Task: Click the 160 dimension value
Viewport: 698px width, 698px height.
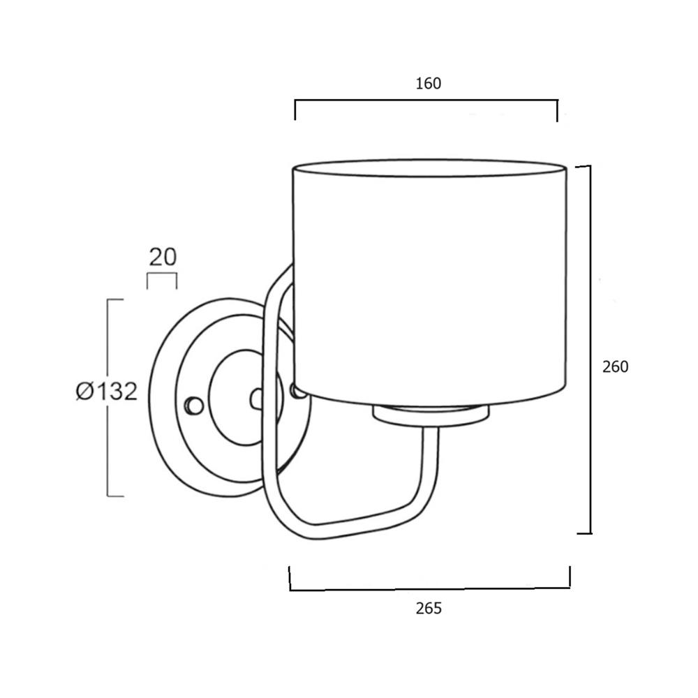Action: (x=429, y=84)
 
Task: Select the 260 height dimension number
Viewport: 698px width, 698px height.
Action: (x=616, y=366)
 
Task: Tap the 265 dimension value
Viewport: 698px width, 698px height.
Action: (x=429, y=609)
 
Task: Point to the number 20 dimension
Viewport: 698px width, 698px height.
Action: (x=163, y=257)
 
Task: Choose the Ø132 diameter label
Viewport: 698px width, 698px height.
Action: (x=106, y=392)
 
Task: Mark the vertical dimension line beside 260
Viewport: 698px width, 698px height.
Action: (x=591, y=349)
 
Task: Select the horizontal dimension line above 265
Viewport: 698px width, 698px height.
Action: (x=429, y=588)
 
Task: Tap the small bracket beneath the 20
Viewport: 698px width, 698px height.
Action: (x=161, y=276)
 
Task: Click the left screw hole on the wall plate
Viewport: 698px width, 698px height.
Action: (x=192, y=405)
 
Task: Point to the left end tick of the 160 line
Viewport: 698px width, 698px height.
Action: (x=295, y=110)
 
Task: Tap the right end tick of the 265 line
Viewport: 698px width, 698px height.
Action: (x=570, y=577)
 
